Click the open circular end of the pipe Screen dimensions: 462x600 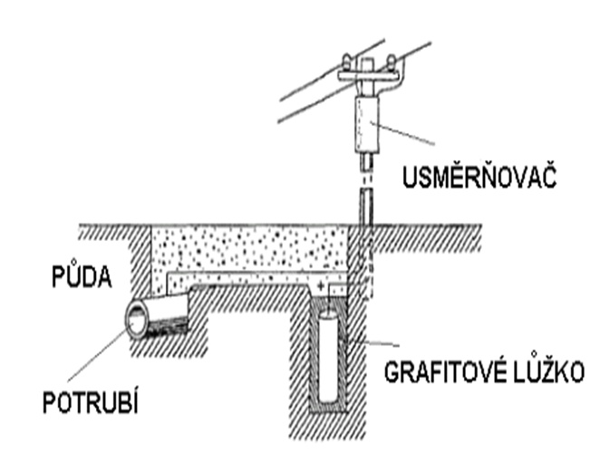pyautogui.click(x=140, y=320)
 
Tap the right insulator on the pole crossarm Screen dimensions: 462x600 pyautogui.click(x=390, y=63)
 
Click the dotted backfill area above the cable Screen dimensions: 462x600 pyautogui.click(x=245, y=245)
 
